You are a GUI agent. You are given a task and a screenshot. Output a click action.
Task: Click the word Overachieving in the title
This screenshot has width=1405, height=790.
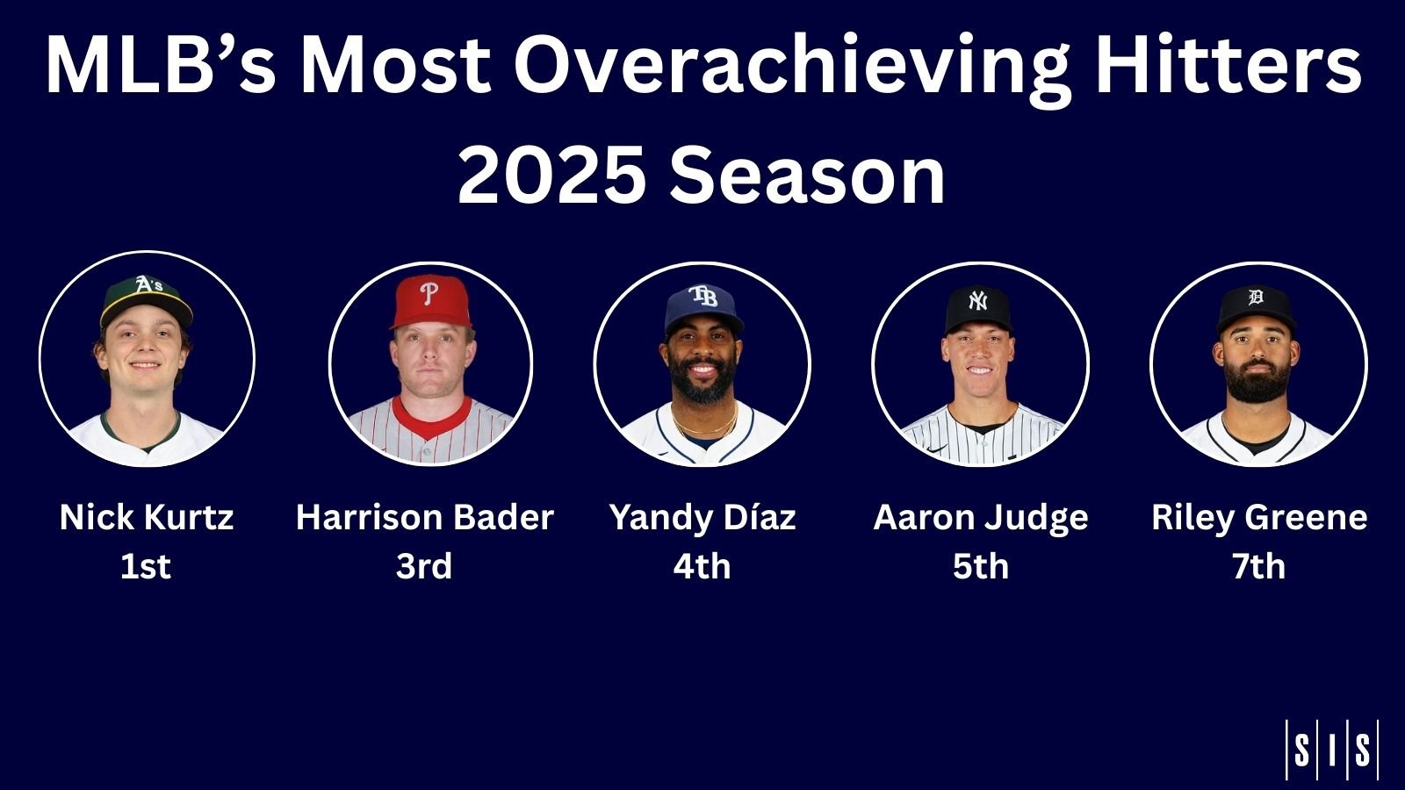click(791, 66)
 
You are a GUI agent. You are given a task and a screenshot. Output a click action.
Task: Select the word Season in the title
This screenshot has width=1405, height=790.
click(806, 176)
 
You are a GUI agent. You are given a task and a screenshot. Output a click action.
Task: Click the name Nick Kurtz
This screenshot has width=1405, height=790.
click(147, 517)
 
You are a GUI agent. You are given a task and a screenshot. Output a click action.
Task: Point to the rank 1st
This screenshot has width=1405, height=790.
click(146, 566)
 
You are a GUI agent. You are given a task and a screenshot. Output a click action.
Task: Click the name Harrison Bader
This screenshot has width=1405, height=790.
click(424, 517)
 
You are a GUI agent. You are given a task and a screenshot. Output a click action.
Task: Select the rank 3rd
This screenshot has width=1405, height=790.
click(424, 566)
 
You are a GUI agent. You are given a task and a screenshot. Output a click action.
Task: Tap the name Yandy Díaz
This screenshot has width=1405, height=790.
click(702, 517)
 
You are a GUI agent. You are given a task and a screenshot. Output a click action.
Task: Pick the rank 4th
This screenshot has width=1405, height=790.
click(702, 566)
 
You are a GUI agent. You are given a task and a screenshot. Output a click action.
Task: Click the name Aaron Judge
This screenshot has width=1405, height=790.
click(981, 517)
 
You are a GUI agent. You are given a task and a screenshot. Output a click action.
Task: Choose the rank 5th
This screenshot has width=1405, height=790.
click(981, 566)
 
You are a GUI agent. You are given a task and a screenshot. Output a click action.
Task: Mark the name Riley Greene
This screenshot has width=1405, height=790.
click(1259, 517)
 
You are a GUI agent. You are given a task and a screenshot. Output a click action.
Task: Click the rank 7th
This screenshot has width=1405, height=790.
click(1258, 566)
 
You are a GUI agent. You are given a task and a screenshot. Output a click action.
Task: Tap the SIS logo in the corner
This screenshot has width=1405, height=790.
click(1331, 750)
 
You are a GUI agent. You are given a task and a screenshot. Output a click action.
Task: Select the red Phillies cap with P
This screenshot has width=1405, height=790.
click(430, 298)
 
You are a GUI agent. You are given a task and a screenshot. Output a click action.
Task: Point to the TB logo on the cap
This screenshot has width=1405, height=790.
click(702, 297)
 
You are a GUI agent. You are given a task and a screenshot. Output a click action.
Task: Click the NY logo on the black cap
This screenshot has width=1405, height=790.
click(977, 301)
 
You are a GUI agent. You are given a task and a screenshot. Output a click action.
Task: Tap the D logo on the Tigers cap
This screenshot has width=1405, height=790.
click(1256, 298)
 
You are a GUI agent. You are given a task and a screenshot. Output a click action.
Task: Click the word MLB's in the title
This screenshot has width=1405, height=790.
click(161, 66)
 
